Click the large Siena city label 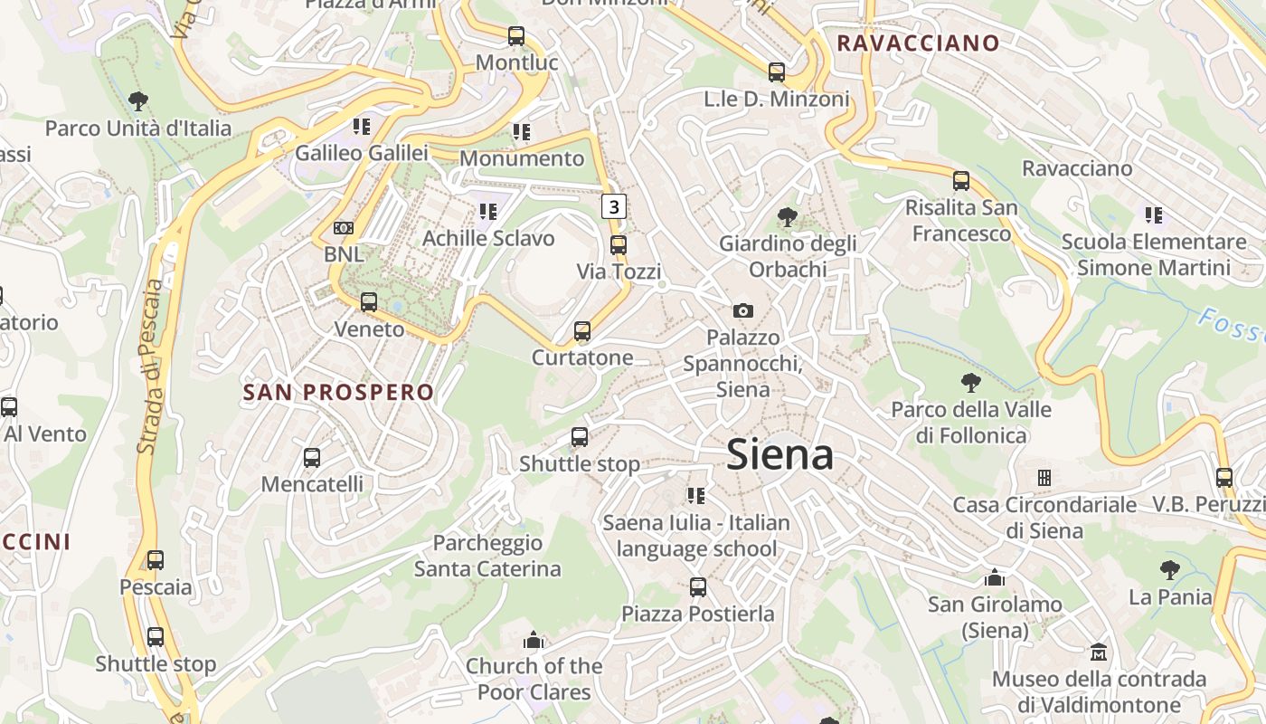click(x=779, y=454)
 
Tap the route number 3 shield click(x=615, y=206)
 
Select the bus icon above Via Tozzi click(x=619, y=244)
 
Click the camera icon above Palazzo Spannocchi click(x=743, y=310)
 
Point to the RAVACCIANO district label click(x=918, y=43)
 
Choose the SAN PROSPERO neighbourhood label click(x=339, y=392)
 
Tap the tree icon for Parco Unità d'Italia click(x=138, y=101)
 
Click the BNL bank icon click(x=344, y=228)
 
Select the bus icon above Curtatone click(x=582, y=331)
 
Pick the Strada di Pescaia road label click(x=151, y=367)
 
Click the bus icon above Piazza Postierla click(x=698, y=587)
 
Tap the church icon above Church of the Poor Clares click(x=534, y=640)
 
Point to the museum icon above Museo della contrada click(x=1099, y=652)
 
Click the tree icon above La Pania click(x=1170, y=570)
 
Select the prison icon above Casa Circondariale click(x=1044, y=477)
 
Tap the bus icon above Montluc click(x=516, y=36)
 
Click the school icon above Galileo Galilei click(x=362, y=126)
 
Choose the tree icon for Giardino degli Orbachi click(x=788, y=217)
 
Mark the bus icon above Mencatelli click(x=312, y=458)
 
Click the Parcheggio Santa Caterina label click(x=487, y=556)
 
